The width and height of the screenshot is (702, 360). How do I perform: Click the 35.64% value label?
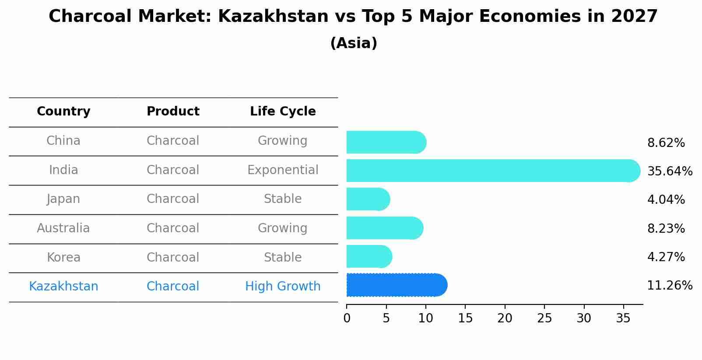coord(670,171)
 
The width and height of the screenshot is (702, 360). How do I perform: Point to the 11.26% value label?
coord(670,286)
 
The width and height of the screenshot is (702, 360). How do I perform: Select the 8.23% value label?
coord(666,228)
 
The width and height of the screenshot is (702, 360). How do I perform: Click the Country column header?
coord(63,112)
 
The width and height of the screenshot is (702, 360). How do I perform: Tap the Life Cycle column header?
coord(283,112)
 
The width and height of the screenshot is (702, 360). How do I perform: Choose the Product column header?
coord(173,112)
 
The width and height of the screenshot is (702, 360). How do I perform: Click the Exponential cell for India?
coord(283,170)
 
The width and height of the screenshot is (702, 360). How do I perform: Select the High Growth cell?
coord(283,287)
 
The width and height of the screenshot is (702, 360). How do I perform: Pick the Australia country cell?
coord(63,228)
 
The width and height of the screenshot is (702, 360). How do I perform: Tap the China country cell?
coord(63,141)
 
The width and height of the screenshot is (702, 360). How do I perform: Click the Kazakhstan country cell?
coord(63,287)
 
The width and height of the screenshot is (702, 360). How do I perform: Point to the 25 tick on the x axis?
coord(544,318)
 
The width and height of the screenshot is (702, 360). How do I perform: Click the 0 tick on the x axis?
coord(347,318)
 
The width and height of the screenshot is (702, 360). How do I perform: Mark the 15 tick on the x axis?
coord(465,318)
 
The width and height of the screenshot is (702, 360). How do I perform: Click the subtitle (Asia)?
coord(354,43)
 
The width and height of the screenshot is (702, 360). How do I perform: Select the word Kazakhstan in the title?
coord(273,17)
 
